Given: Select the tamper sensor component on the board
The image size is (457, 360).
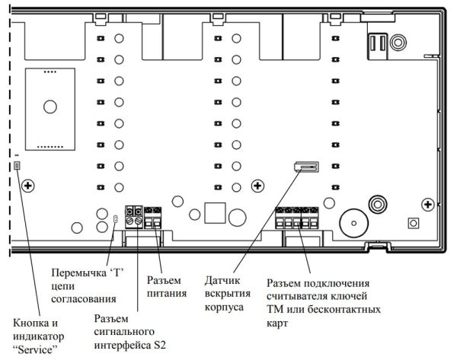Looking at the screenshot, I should (x=305, y=167).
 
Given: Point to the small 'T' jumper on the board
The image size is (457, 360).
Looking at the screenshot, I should (x=115, y=220).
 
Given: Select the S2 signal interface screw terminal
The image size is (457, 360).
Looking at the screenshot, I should (x=135, y=215).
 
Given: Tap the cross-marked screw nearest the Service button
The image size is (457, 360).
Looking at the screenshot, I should (x=28, y=186).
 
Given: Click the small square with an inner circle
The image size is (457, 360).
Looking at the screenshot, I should (x=413, y=223).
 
